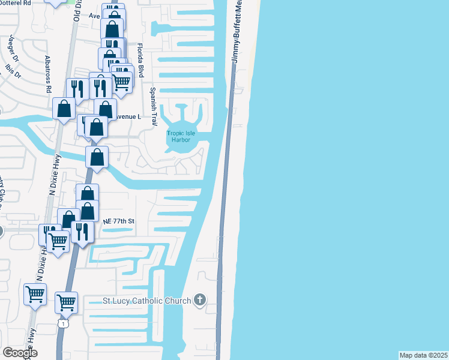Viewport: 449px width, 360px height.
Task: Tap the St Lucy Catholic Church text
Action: coord(146,300)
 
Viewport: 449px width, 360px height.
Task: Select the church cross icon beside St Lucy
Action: coord(200,300)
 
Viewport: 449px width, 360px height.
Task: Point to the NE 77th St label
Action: coord(118,221)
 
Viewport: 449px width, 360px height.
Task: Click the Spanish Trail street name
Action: coord(153,103)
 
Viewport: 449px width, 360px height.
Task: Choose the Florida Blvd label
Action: coord(140,60)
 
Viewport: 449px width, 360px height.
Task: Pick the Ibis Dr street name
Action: coord(12,71)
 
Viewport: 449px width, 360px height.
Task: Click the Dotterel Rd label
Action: coord(16,2)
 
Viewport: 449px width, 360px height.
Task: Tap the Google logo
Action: coord(20,353)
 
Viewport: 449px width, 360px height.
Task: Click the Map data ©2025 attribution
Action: coord(423,355)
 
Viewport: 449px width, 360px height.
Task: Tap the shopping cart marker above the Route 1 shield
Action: coord(66,301)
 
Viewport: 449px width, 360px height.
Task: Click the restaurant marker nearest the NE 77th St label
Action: coord(82,231)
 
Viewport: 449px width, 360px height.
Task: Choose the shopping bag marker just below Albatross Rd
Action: coord(64,109)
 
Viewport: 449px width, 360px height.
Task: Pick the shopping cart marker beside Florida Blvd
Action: coord(122,81)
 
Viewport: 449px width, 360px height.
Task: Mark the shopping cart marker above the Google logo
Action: coord(35,294)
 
